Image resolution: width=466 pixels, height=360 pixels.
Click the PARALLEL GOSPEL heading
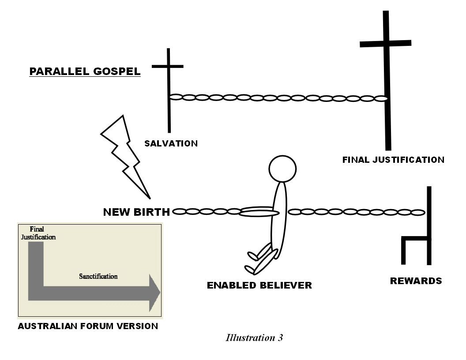pyautogui.click(x=85, y=71)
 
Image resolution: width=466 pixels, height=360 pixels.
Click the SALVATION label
pyautogui.click(x=171, y=143)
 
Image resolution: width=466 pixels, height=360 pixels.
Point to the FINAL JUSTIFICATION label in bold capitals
pyautogui.click(x=393, y=160)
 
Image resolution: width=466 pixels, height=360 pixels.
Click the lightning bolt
pyautogui.click(x=125, y=154)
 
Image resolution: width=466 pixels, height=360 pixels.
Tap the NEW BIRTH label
pyautogui.click(x=136, y=212)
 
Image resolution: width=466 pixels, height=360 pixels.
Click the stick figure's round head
pyautogui.click(x=282, y=169)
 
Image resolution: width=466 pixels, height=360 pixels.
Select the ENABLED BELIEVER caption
pyautogui.click(x=259, y=285)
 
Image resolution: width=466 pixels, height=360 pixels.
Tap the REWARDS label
pyautogui.click(x=416, y=281)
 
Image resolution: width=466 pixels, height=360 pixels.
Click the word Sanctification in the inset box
pyautogui.click(x=98, y=277)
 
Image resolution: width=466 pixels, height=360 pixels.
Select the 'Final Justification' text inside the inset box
pyautogui.click(x=38, y=233)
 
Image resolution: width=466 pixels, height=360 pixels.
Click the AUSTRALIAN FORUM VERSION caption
pyautogui.click(x=88, y=327)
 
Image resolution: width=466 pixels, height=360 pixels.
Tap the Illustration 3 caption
pyautogui.click(x=254, y=338)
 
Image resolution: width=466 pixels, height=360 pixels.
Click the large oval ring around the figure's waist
pyautogui.click(x=259, y=212)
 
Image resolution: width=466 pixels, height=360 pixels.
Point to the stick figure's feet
pyautogui.click(x=253, y=263)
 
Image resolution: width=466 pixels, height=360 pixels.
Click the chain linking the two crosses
pyautogui.click(x=278, y=98)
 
